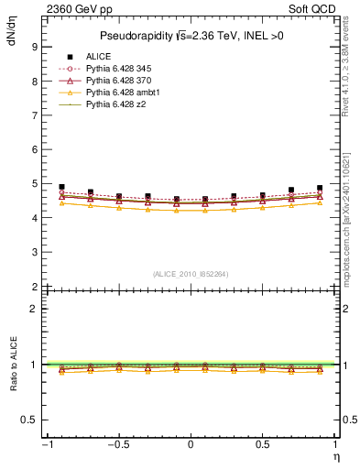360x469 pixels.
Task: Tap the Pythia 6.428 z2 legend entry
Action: pos(117,104)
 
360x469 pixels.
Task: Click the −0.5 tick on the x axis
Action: pos(116,444)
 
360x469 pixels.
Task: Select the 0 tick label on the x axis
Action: pos(191,444)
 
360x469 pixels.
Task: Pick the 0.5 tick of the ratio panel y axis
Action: pos(28,420)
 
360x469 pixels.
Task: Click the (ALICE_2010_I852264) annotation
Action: pos(190,274)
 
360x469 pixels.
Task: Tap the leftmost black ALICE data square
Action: pos(61,187)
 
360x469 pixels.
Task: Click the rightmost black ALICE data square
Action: pos(320,188)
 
